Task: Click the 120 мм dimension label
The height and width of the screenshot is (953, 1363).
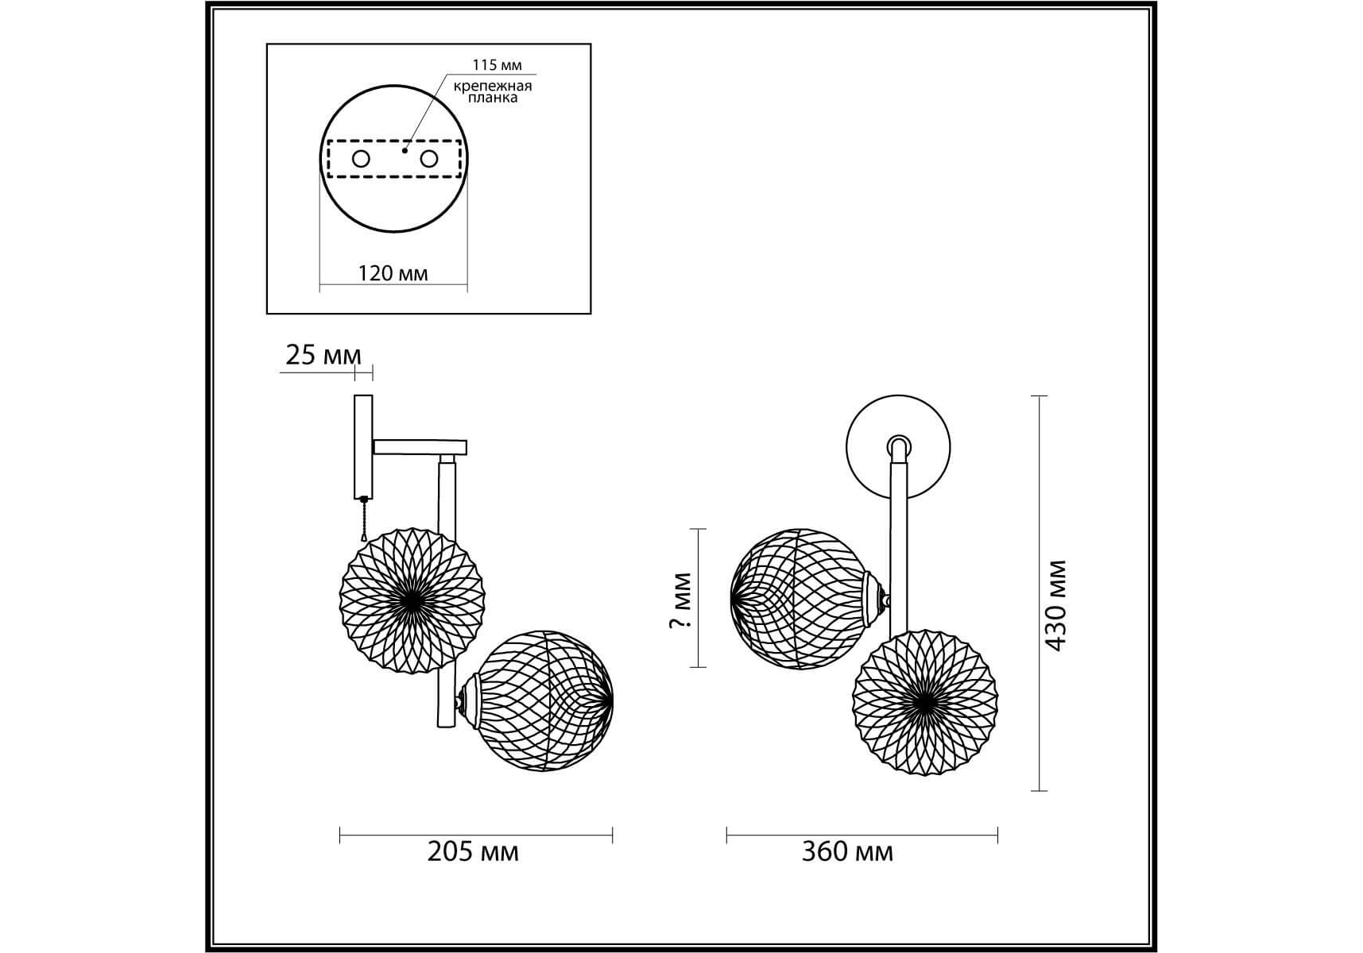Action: pos(393,274)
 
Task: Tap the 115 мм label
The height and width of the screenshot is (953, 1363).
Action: pos(497,66)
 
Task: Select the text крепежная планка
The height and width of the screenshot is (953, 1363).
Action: pos(493,92)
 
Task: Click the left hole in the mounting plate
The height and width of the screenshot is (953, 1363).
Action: pos(361,159)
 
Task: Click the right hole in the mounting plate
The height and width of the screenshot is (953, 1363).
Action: pos(429,159)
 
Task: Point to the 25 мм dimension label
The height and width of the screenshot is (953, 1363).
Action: pos(323,356)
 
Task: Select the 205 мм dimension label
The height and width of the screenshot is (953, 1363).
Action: pos(473,852)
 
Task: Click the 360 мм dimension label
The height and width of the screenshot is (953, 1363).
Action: pos(847,852)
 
